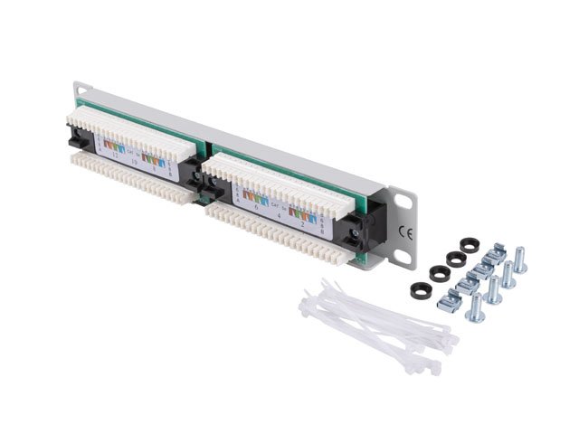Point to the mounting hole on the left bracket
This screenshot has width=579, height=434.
pyautogui.click(x=81, y=90)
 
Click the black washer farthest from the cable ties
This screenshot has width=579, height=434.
pyautogui.click(x=470, y=245)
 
